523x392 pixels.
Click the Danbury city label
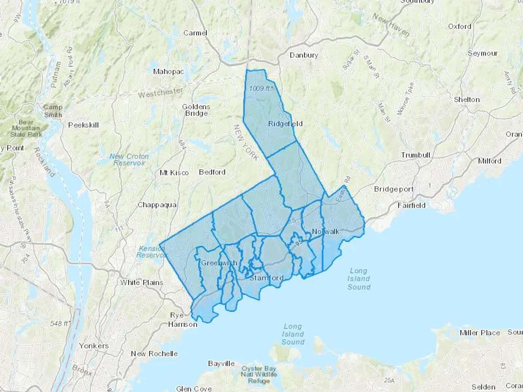(x=304, y=55)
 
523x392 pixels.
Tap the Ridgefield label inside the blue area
(x=285, y=124)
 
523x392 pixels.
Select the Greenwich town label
(x=219, y=263)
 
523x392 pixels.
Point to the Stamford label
(x=266, y=278)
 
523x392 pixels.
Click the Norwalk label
(x=325, y=231)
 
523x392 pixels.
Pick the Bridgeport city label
(x=394, y=189)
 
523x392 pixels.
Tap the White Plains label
(x=142, y=282)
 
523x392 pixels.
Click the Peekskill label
(x=83, y=125)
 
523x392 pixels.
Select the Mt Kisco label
(x=174, y=173)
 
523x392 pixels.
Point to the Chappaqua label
(x=157, y=205)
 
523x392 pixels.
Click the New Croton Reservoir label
(x=129, y=160)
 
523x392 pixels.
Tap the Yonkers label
(x=94, y=346)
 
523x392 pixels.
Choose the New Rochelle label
(x=154, y=354)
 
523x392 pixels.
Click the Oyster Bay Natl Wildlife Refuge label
(x=259, y=375)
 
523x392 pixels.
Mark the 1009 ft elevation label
(x=261, y=88)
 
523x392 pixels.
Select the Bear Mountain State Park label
(x=26, y=128)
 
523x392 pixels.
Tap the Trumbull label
(x=415, y=155)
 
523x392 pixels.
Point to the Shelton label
(x=467, y=100)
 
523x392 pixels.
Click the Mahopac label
(x=169, y=71)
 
